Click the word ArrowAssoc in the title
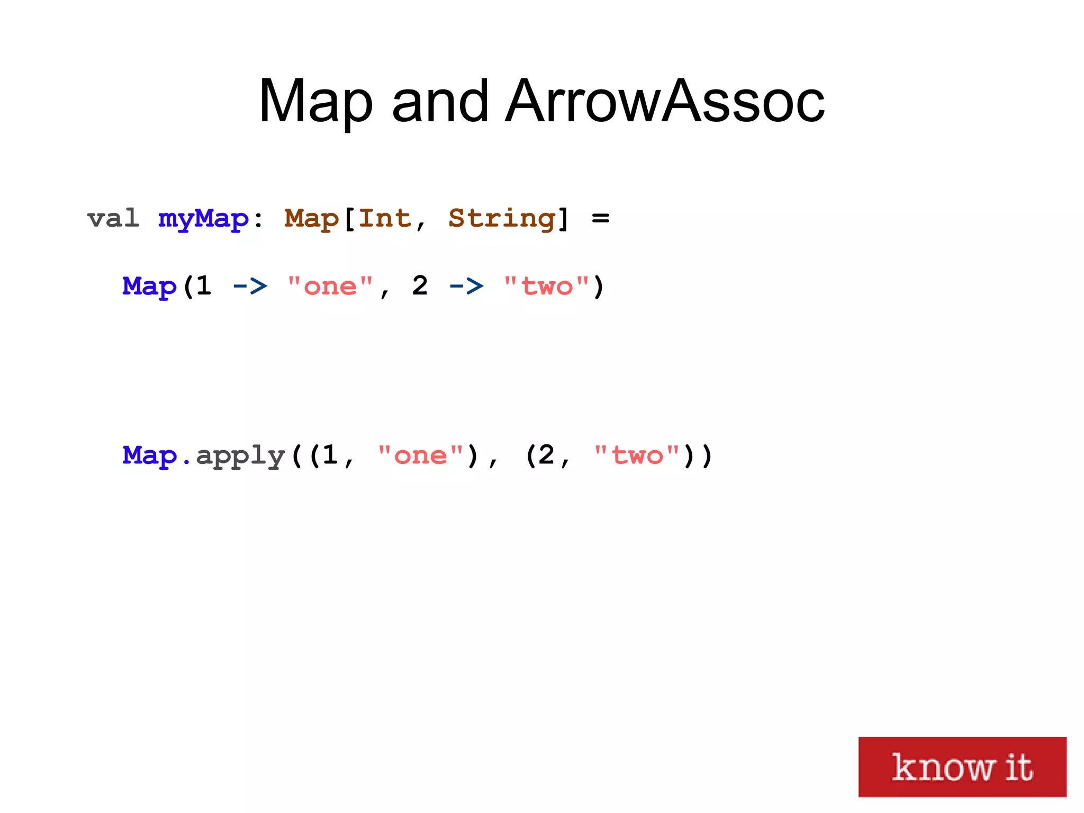(664, 101)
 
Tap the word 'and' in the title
(440, 101)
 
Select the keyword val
(113, 218)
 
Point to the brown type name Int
(385, 218)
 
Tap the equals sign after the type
(600, 218)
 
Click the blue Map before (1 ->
(149, 287)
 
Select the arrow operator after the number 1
(250, 287)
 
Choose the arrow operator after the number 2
(466, 287)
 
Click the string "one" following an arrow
(330, 287)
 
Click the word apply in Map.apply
(241, 456)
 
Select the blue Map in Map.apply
(149, 455)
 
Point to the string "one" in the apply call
(420, 455)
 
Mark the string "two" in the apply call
(637, 455)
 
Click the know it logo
(962, 766)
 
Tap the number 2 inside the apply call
(546, 455)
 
